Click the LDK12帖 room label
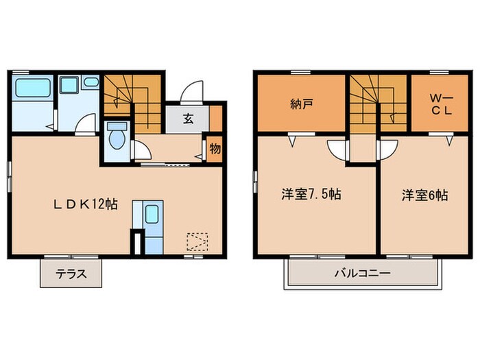coord(86,204)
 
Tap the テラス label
coord(71,274)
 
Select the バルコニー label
coord(362,273)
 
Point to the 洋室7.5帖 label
coord(311,194)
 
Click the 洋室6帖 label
coord(425,194)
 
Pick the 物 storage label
coord(215,147)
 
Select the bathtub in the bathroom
coord(31,89)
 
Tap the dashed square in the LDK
coord(197,242)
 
